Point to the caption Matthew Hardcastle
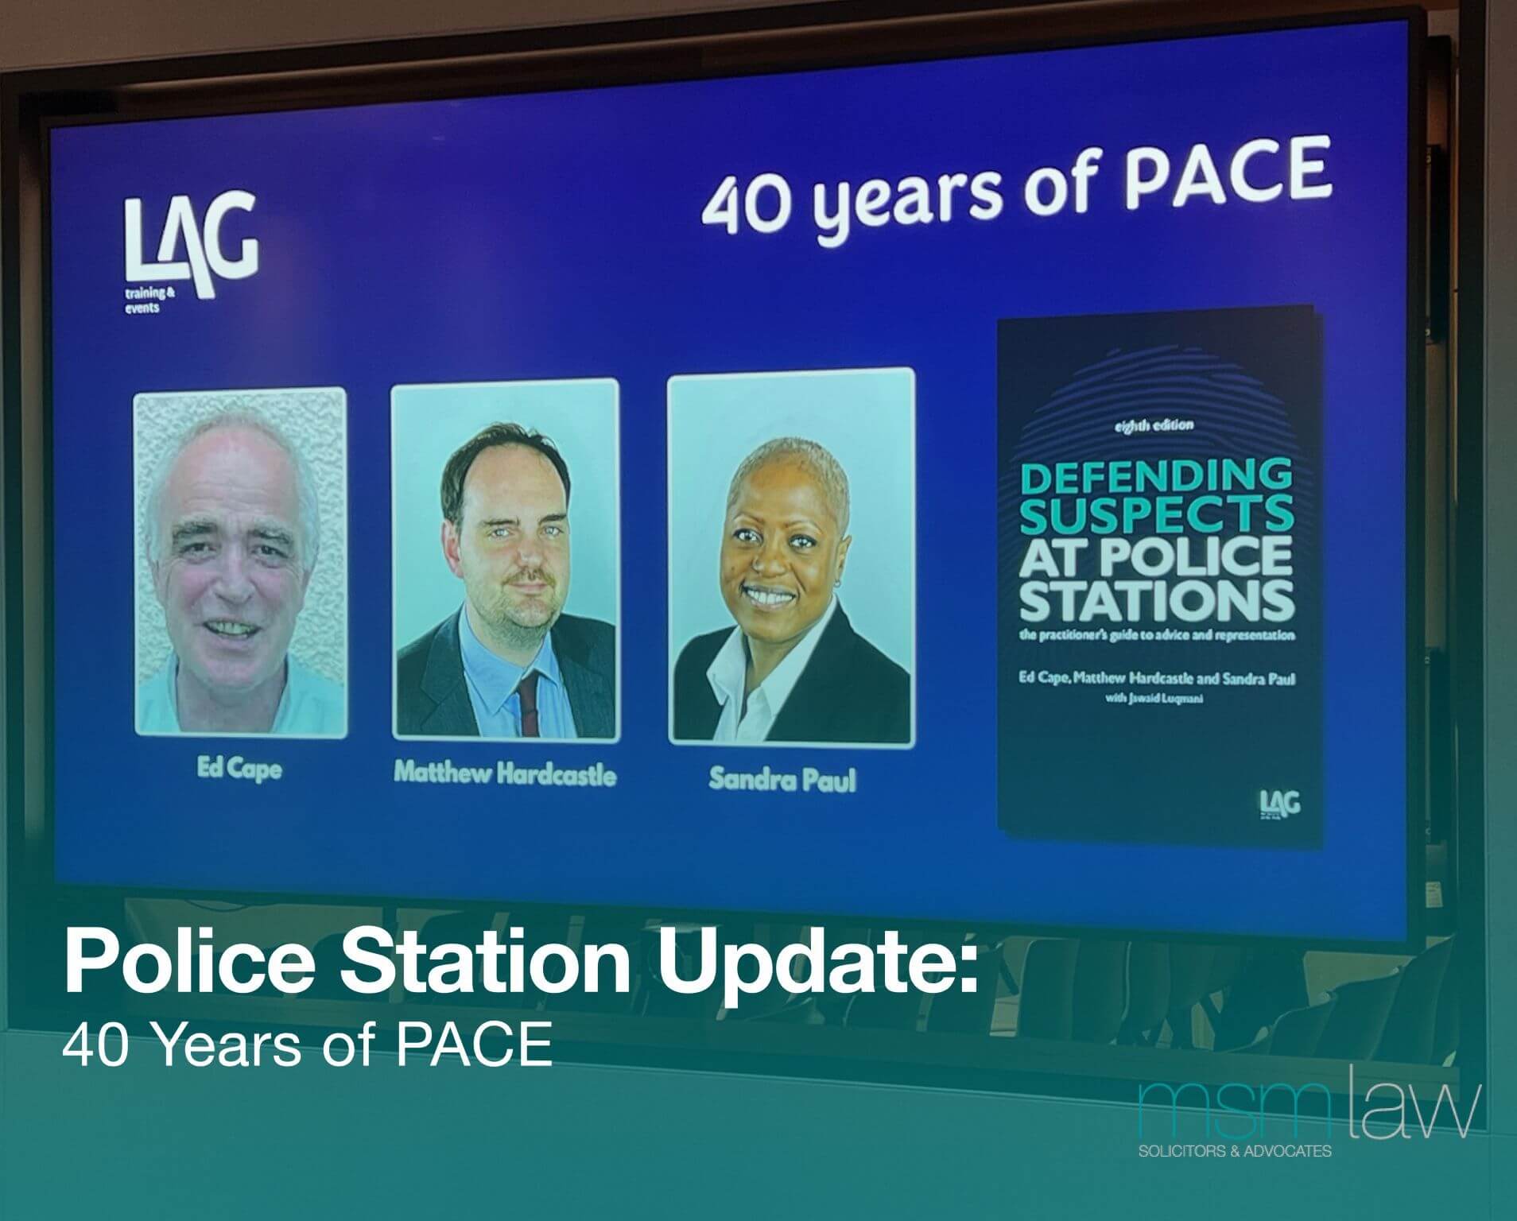(x=505, y=774)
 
